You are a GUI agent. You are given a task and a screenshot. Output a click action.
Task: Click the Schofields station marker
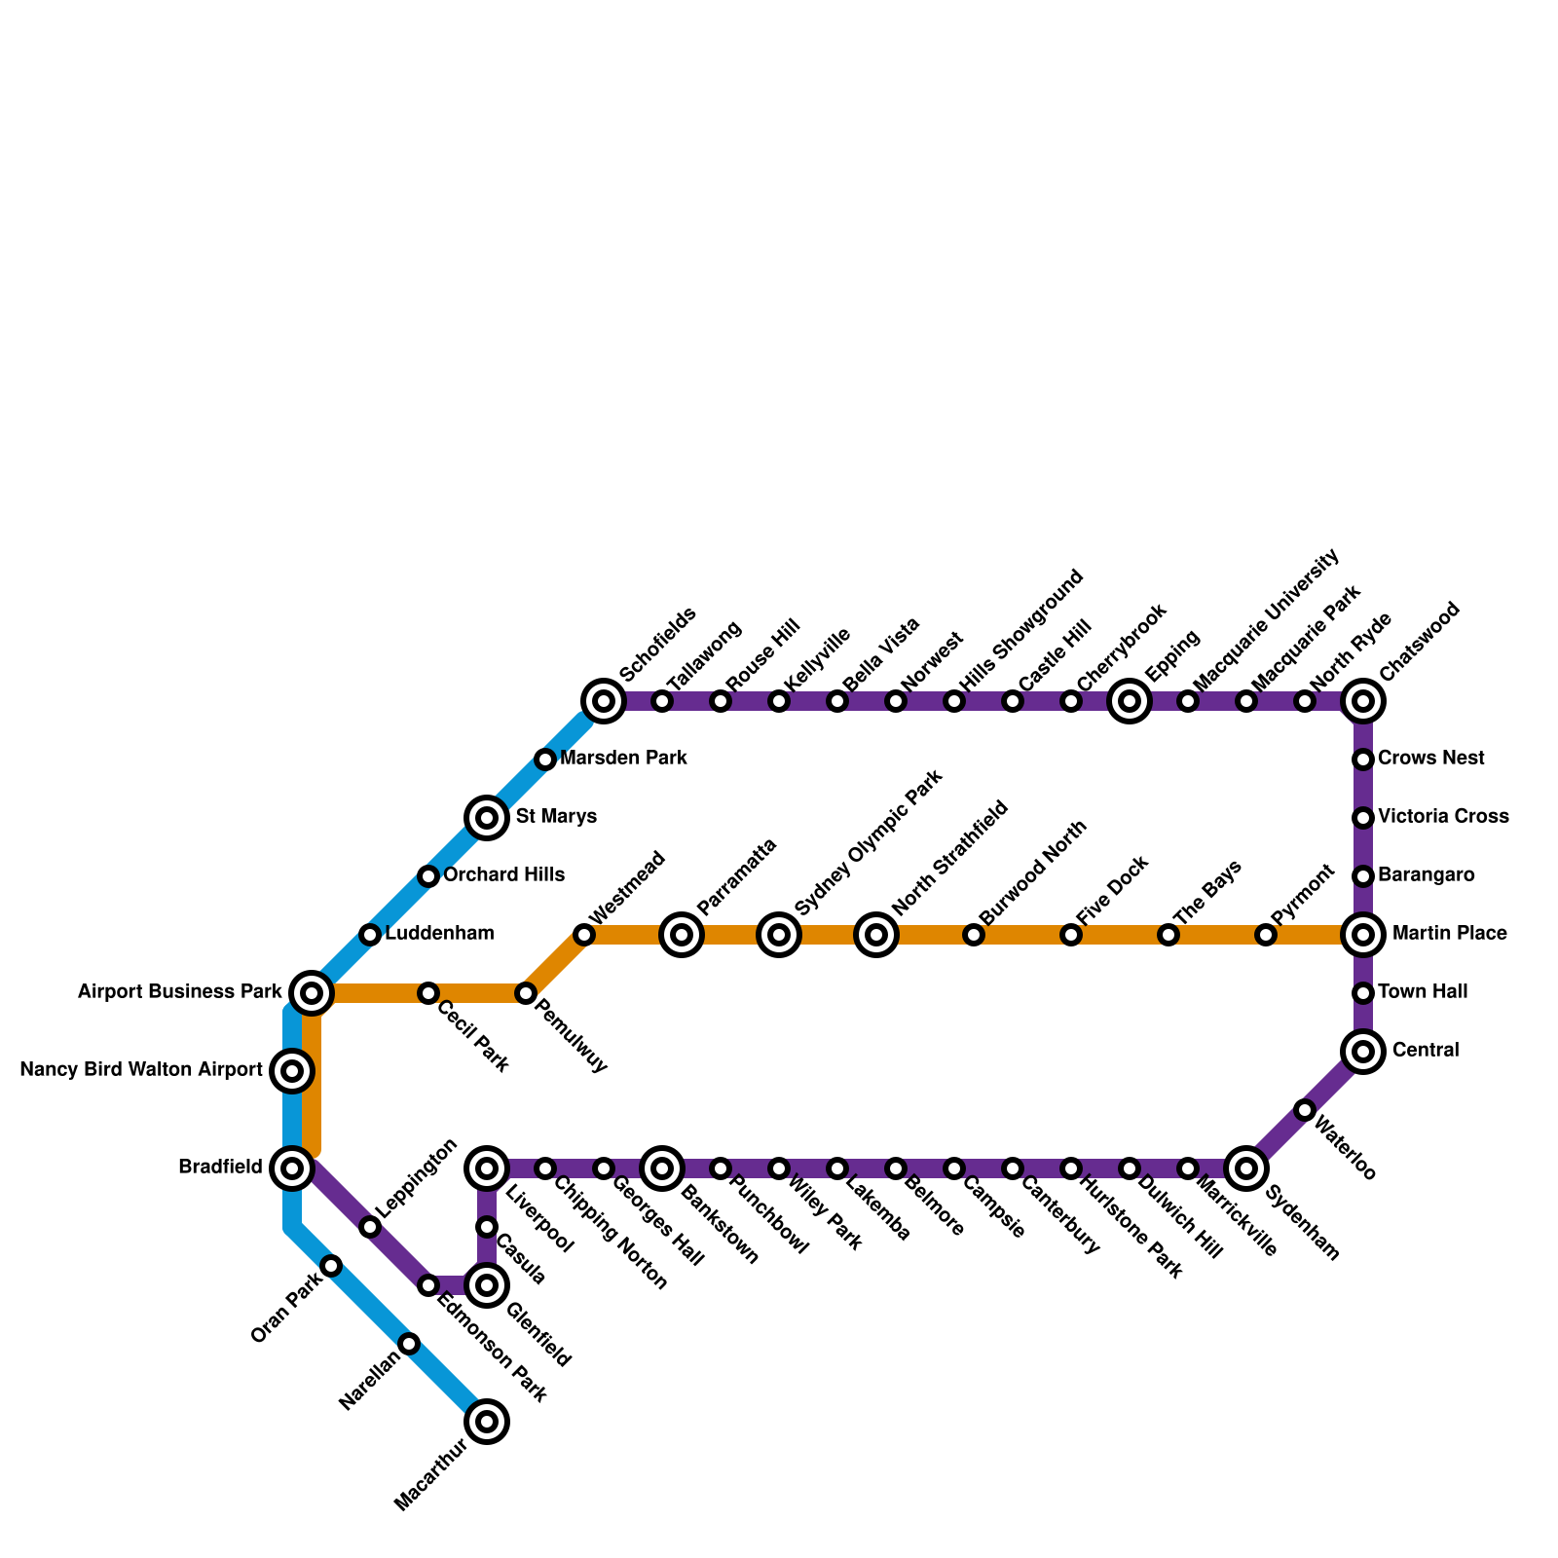[604, 701]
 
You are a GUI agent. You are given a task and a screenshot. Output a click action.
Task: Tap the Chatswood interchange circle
[1363, 701]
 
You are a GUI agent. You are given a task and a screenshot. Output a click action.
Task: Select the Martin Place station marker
[1363, 935]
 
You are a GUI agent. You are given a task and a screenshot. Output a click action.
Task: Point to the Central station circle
[1363, 1052]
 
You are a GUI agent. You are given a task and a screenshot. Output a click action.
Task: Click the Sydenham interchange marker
[1246, 1168]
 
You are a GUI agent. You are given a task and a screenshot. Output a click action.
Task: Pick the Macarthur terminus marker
[488, 1422]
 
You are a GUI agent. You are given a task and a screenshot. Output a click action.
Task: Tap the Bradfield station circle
[292, 1168]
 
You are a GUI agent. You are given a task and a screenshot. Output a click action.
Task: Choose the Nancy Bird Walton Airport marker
[292, 1071]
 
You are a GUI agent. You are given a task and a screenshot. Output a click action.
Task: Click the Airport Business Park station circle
[312, 993]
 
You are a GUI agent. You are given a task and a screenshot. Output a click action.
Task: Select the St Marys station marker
[487, 818]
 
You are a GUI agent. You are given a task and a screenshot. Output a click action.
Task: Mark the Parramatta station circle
[683, 935]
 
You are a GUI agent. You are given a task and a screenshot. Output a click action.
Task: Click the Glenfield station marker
[488, 1285]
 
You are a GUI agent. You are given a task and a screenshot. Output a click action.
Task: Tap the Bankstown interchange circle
[663, 1168]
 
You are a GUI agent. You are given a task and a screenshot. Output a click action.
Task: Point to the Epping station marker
[1130, 701]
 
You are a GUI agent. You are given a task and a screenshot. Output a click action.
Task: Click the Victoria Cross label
[1443, 817]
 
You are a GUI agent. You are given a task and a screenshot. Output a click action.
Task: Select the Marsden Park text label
[624, 759]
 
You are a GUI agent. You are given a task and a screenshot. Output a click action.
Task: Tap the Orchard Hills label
[503, 875]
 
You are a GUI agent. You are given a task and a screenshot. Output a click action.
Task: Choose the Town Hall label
[1423, 992]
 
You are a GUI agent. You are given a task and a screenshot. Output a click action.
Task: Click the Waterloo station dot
[1305, 1110]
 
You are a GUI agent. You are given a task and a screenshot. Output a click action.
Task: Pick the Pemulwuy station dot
[526, 993]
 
